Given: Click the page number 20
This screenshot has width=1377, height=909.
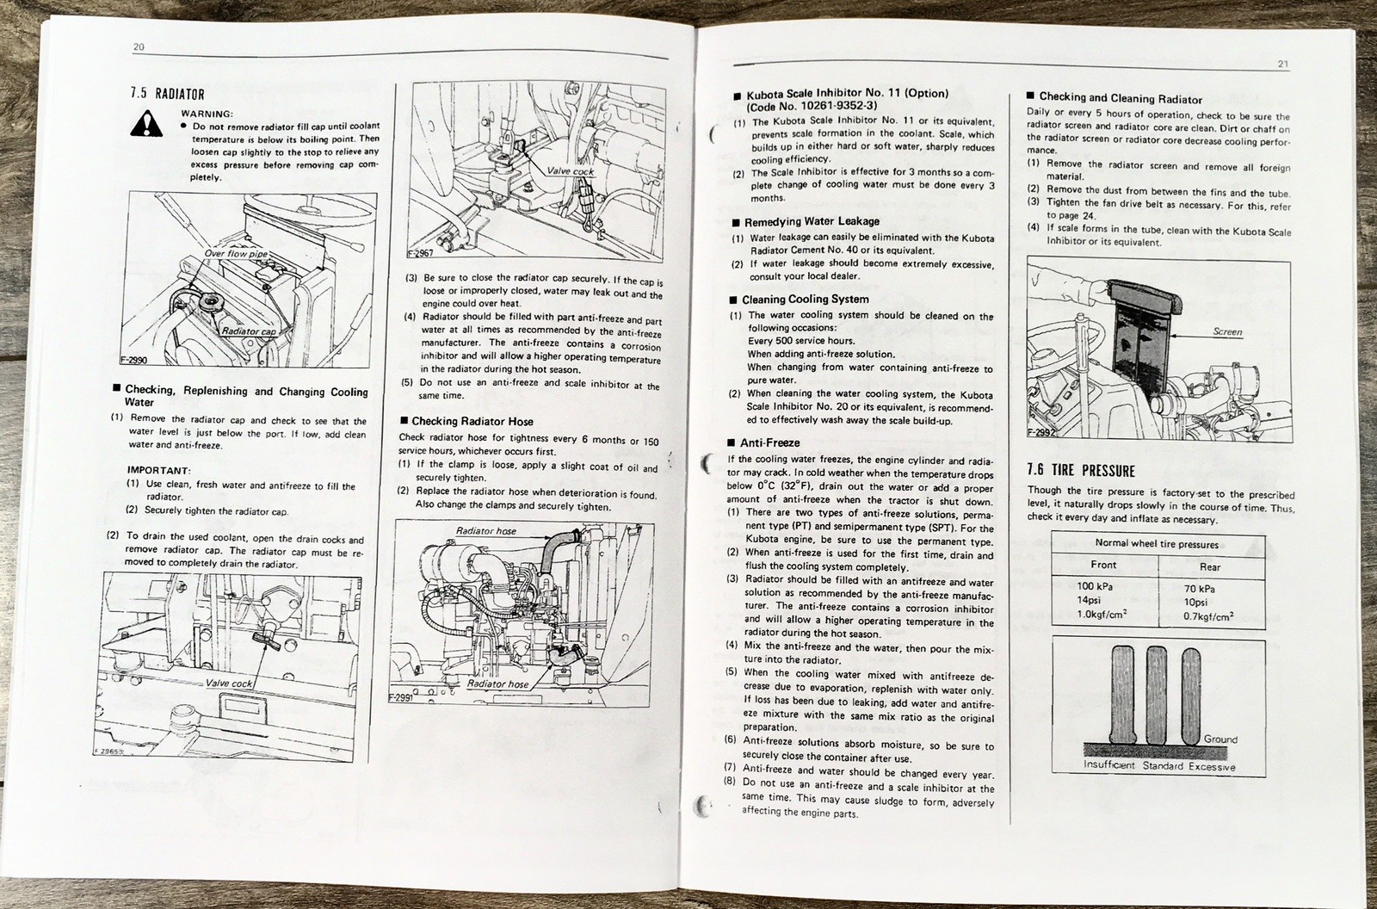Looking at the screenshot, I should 138,47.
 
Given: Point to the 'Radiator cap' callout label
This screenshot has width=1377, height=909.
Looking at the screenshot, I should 249,331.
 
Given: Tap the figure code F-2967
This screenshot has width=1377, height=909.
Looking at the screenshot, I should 421,254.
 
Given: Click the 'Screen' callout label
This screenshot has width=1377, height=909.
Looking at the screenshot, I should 1226,331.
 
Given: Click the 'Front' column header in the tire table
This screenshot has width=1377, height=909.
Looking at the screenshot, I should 1102,565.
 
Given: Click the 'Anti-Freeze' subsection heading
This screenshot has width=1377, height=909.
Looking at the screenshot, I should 770,442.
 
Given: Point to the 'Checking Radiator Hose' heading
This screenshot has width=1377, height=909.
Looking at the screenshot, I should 472,421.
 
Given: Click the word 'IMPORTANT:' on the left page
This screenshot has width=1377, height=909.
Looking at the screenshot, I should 158,470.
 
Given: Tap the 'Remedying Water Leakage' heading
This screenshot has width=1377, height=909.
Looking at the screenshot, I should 812,221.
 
